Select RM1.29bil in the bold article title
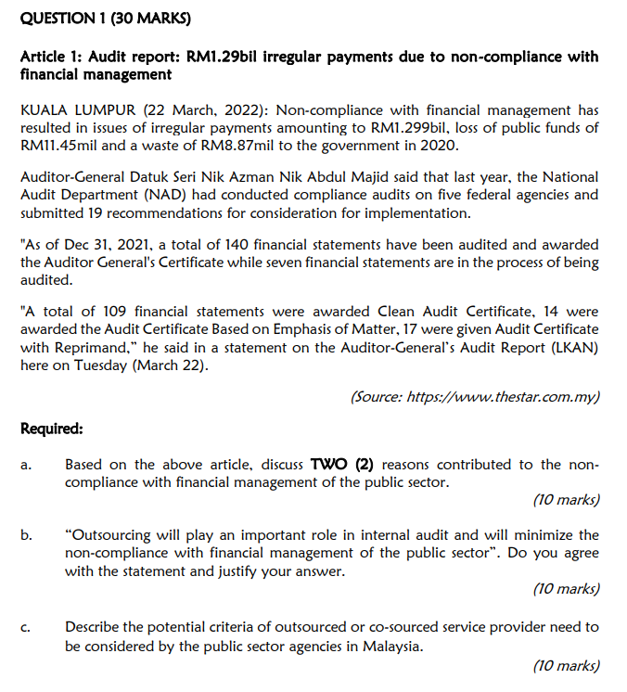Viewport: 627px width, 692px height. pos(220,58)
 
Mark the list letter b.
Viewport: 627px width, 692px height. pos(26,536)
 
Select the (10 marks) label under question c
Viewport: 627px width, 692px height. pos(567,665)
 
